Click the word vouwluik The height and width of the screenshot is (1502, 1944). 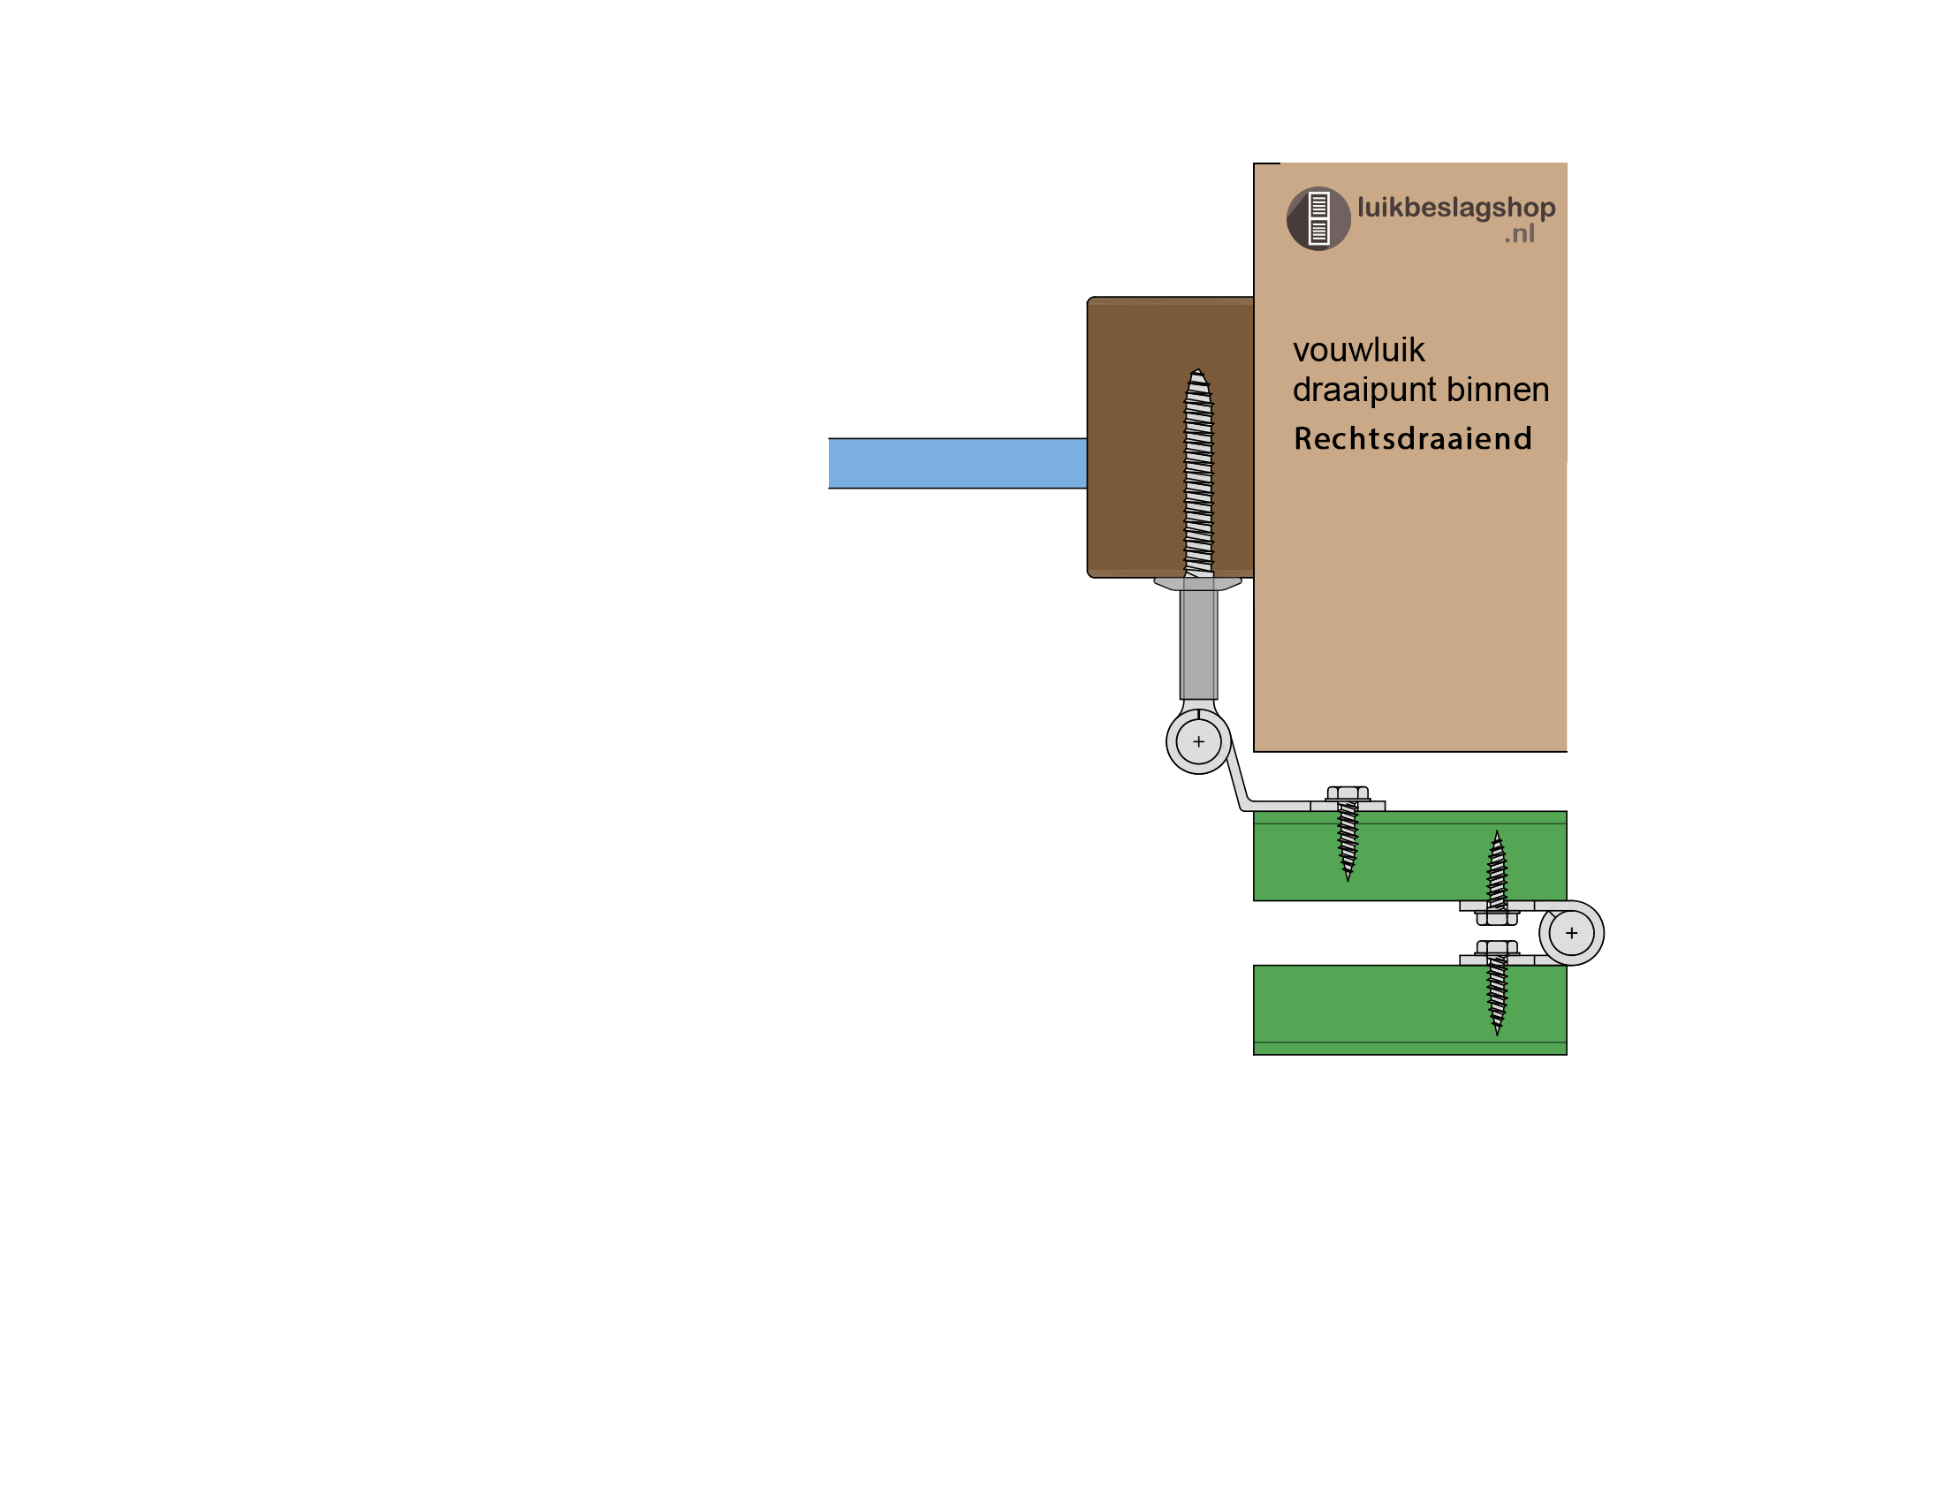pos(1358,351)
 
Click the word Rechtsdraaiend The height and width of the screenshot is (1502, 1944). pos(1413,439)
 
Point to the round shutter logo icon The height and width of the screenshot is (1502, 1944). pos(1318,219)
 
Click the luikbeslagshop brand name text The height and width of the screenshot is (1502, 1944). pos(1456,208)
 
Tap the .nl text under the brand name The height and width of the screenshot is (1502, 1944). pos(1520,234)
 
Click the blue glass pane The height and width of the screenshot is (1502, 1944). pos(957,463)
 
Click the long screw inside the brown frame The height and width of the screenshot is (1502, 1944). pos(1198,472)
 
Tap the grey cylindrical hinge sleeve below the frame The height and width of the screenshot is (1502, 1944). pos(1198,644)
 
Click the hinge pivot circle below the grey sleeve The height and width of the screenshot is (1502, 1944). pos(1198,741)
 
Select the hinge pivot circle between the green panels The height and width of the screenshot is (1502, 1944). pos(1571,933)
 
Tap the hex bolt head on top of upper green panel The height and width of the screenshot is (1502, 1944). pos(1348,793)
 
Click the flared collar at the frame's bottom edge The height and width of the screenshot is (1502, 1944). pos(1197,584)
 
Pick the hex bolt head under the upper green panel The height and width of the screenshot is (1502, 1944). pos(1496,918)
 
